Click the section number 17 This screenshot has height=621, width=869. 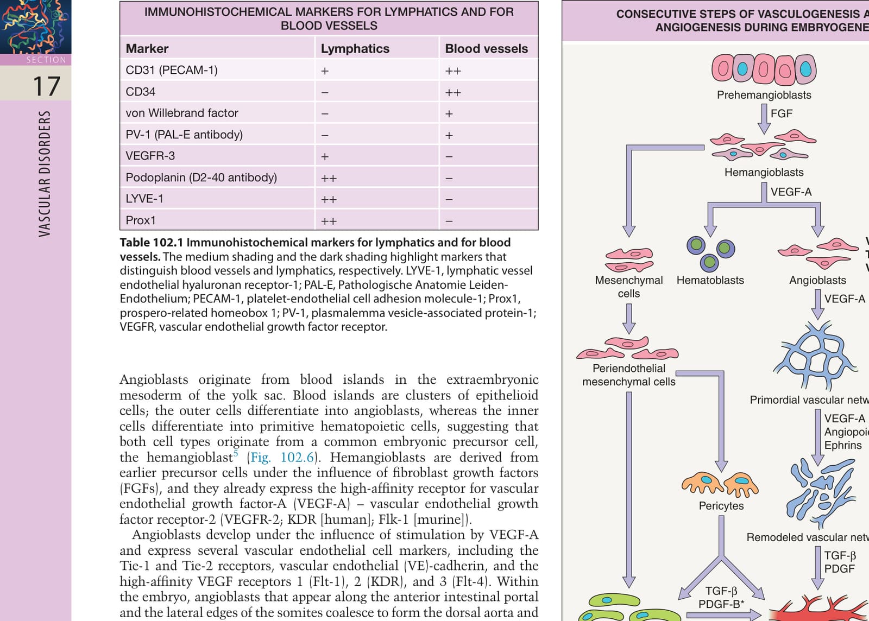click(x=47, y=86)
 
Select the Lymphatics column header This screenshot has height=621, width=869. click(x=355, y=48)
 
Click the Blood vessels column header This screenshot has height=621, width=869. click(x=487, y=48)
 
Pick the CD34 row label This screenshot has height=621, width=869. click(x=140, y=92)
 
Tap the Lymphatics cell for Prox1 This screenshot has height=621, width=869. click(x=329, y=221)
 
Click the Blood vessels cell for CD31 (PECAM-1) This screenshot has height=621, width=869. click(x=453, y=71)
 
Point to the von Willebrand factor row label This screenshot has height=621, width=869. click(x=181, y=113)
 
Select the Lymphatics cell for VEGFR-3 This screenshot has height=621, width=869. click(x=325, y=156)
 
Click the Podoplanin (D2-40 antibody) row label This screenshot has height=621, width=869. click(x=201, y=177)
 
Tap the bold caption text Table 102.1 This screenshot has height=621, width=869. click(x=152, y=242)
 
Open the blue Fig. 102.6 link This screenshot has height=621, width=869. click(x=282, y=457)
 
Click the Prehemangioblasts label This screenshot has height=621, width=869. click(x=764, y=95)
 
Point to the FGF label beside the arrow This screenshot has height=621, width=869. click(x=782, y=113)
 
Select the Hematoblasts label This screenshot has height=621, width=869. click(x=710, y=280)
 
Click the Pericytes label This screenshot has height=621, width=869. click(x=721, y=506)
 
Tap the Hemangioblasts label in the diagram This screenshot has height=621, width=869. click(x=764, y=172)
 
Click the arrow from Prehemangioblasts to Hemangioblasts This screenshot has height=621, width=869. click(x=764, y=119)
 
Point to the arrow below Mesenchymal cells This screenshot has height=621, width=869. click(x=629, y=319)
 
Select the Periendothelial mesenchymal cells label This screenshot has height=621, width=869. click(x=629, y=375)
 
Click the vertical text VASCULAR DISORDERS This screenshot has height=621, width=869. click(x=45, y=174)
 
